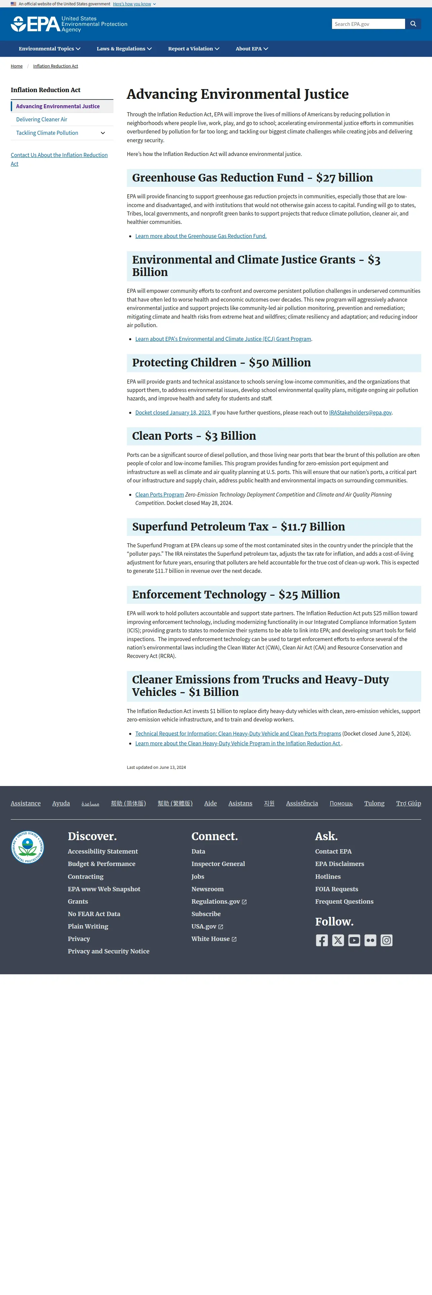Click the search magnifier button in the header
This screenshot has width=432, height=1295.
pyautogui.click(x=413, y=24)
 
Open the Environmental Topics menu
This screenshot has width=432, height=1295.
pyautogui.click(x=49, y=49)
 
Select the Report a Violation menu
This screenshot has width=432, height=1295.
pyautogui.click(x=193, y=49)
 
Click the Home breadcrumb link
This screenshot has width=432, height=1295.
pyautogui.click(x=16, y=66)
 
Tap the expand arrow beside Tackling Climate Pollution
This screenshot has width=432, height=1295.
pyautogui.click(x=103, y=133)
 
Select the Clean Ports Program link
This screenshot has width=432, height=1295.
pyautogui.click(x=159, y=495)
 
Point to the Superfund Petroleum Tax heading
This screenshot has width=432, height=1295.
pyautogui.click(x=239, y=527)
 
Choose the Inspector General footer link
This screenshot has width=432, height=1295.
pyautogui.click(x=218, y=864)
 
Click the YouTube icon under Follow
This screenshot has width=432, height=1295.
pyautogui.click(x=354, y=940)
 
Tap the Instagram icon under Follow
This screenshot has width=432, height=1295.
pyautogui.click(x=386, y=940)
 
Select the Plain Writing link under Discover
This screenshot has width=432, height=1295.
pyautogui.click(x=88, y=926)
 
